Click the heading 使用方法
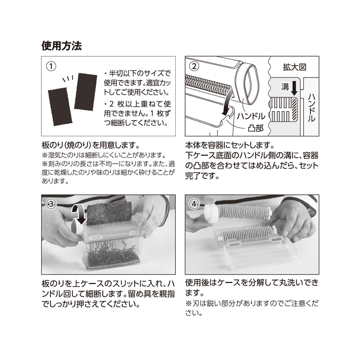[62, 46]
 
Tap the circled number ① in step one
[51, 67]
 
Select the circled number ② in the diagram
[194, 67]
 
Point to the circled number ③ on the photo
[51, 204]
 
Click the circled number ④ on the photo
[194, 204]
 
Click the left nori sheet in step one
[60, 107]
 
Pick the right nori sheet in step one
[85, 91]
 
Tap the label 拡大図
[294, 67]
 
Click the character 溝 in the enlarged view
[285, 87]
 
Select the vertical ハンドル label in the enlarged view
[311, 108]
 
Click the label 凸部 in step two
[256, 128]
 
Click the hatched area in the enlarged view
[294, 108]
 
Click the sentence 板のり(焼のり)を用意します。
[91, 145]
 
